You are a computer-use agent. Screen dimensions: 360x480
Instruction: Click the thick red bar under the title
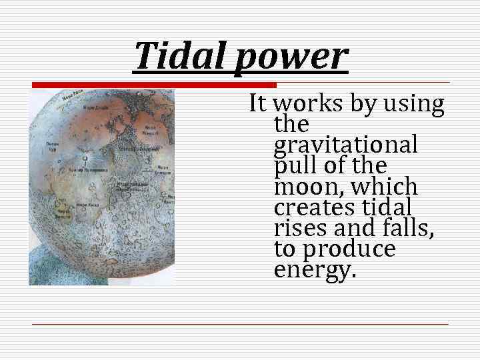[153, 85]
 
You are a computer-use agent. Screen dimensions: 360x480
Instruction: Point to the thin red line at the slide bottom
[240, 324]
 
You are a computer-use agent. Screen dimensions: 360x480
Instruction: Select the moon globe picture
[101, 187]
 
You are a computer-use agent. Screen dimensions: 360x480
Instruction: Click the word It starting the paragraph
[259, 104]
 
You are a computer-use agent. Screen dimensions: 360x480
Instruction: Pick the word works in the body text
[306, 104]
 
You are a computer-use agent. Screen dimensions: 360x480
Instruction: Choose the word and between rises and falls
[353, 229]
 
